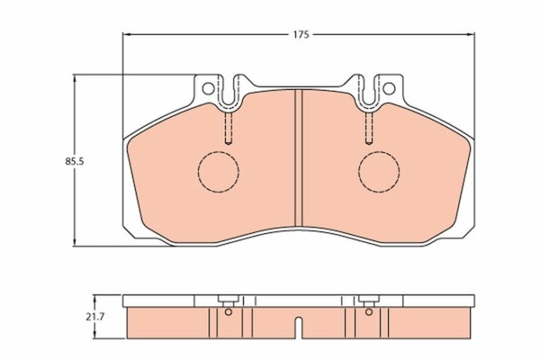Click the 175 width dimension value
click(301, 35)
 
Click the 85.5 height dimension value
click(74, 161)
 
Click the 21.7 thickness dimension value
click(95, 317)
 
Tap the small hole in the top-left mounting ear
click(208, 88)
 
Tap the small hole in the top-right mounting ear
click(389, 88)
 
